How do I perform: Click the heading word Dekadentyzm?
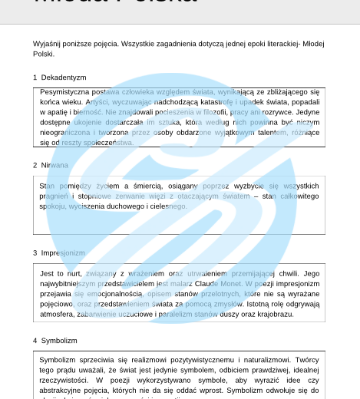pyautogui.click(x=64, y=77)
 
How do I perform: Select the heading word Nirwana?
pyautogui.click(x=54, y=165)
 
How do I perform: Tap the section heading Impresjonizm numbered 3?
pyautogui.click(x=63, y=252)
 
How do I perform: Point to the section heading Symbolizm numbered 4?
pyautogui.click(x=59, y=340)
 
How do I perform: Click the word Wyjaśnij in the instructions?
pyautogui.click(x=47, y=44)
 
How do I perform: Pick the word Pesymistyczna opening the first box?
pyautogui.click(x=65, y=92)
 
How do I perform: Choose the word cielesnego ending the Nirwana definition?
pyautogui.click(x=168, y=206)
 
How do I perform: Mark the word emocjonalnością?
pyautogui.click(x=115, y=293)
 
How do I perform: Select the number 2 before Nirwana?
pyautogui.click(x=35, y=165)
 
